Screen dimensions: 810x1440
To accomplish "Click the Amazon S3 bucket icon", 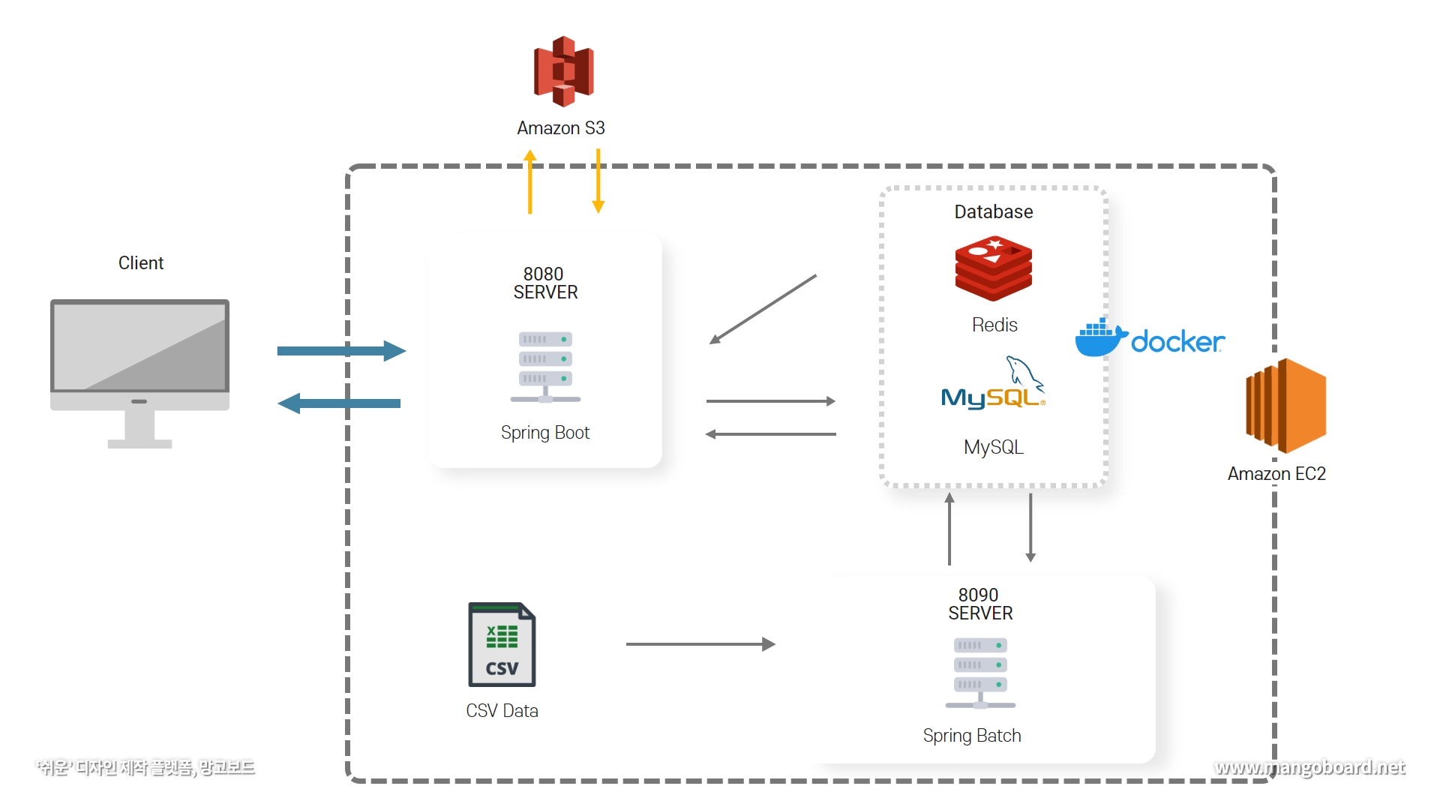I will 563,71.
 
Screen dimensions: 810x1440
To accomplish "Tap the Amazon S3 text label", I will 560,128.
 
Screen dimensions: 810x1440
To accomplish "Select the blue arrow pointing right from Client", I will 341,350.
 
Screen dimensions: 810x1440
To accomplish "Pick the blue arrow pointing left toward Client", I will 339,403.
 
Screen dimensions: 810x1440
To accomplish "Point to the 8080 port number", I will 543,274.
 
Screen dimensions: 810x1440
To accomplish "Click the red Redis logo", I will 993,268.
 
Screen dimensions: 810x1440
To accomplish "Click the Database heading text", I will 993,212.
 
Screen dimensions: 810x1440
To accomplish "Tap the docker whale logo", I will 1100,337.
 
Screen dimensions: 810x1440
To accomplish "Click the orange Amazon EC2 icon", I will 1285,406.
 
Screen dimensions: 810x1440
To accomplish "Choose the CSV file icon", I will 502,644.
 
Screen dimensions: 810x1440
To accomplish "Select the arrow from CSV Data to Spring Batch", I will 700,644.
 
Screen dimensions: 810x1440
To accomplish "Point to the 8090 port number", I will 978,595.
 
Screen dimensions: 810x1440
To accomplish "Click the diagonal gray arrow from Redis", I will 763,309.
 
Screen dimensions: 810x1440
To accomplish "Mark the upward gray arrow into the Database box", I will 949,529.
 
